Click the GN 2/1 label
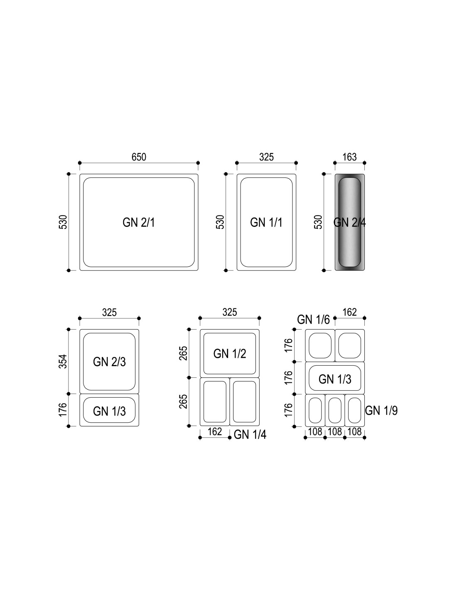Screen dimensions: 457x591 click(139, 222)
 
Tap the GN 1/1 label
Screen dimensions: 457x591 click(266, 222)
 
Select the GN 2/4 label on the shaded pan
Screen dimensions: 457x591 click(349, 222)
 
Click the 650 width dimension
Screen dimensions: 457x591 click(139, 157)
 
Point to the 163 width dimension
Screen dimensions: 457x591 click(349, 157)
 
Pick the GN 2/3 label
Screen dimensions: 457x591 click(109, 362)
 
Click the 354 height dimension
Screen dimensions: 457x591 click(63, 362)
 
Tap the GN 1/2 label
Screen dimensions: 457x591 click(230, 354)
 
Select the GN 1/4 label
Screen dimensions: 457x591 click(250, 435)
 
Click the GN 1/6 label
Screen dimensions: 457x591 click(313, 320)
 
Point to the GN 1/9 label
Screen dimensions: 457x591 click(381, 410)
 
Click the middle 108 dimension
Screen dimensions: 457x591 click(335, 432)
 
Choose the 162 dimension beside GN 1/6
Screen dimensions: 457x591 click(349, 312)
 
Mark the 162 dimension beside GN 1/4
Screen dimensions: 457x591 click(215, 432)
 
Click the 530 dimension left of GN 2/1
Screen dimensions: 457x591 click(63, 222)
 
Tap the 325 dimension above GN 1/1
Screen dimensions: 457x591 click(266, 157)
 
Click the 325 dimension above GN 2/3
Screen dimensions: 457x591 click(109, 313)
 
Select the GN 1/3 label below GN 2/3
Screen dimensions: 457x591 click(109, 411)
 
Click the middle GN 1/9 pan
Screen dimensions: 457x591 click(335, 410)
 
